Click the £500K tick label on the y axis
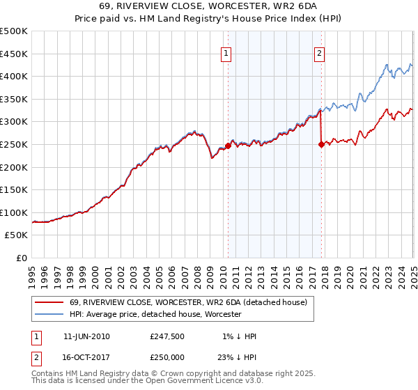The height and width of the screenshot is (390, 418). tap(14, 31)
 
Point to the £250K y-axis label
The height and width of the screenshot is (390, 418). tap(14, 144)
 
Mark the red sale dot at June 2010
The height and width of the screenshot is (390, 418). tap(228, 146)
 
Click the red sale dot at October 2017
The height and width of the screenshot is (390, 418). tap(321, 145)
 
